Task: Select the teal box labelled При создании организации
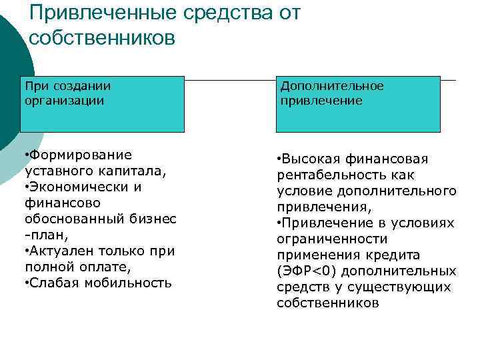point(102,103)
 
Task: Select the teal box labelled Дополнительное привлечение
point(359,103)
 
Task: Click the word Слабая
point(54,283)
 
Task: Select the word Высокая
point(311,159)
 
